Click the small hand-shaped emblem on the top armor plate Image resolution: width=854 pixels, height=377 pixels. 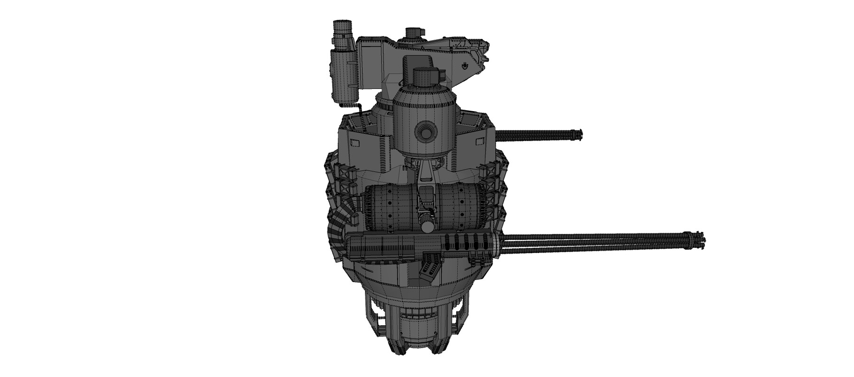[466, 65]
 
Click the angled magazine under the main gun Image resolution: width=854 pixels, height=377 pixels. [429, 268]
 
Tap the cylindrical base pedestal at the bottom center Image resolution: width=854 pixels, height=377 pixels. [417, 328]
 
